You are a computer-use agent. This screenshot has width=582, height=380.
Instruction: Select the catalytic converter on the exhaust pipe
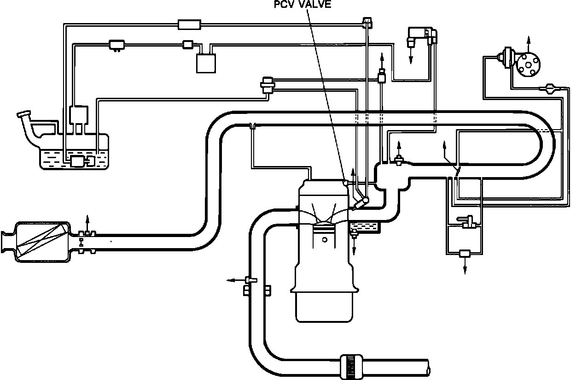coord(42,241)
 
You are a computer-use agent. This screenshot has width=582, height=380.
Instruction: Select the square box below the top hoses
coord(206,63)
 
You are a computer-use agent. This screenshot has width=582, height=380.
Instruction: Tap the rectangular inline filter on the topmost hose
coord(189,24)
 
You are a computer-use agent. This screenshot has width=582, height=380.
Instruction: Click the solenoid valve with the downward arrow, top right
coord(417,36)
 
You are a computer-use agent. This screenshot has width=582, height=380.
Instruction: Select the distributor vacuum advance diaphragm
coord(508,56)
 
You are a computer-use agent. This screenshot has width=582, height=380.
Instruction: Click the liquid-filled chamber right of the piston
coord(364,226)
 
